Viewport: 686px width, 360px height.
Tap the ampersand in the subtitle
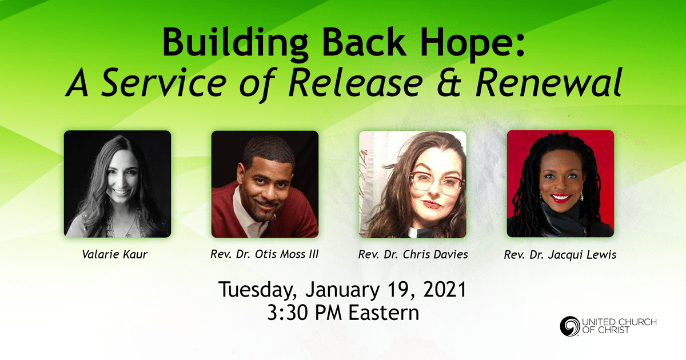pos(449,83)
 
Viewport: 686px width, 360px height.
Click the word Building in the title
pos(235,42)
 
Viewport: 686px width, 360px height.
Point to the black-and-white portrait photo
pos(117,184)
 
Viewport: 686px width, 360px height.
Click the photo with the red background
pos(560,183)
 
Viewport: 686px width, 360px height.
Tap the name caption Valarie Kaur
pos(115,254)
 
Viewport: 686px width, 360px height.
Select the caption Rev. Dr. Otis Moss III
pos(264,254)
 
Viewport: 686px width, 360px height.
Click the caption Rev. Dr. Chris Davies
pos(413,254)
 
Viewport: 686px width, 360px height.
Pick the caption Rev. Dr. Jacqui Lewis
pos(560,255)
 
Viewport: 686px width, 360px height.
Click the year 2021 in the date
pos(445,289)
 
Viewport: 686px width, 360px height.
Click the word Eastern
pos(384,313)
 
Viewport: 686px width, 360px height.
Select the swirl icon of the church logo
pos(570,326)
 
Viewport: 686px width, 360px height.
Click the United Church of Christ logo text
pos(619,326)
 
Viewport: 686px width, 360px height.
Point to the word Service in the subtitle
pos(164,83)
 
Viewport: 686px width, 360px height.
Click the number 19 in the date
pos(399,290)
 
